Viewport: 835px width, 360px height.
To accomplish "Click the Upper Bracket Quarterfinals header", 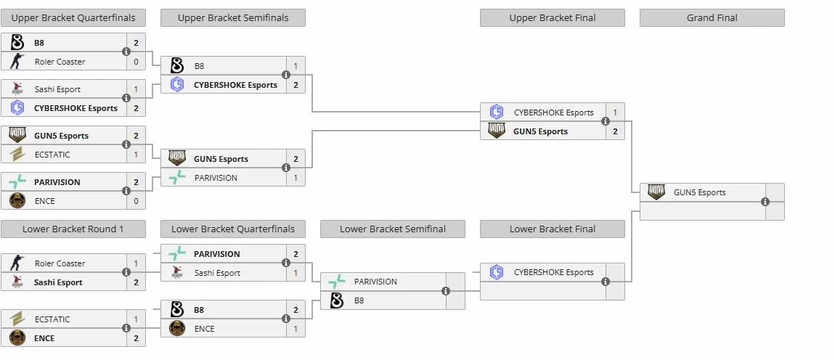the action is [x=73, y=17].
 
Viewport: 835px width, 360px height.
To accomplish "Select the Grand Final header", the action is [x=712, y=17].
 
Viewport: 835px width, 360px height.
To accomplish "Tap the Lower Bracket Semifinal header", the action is [x=393, y=229].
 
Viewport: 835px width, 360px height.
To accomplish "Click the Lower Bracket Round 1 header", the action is [x=73, y=229].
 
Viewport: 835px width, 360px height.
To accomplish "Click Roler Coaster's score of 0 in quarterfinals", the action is [x=136, y=62].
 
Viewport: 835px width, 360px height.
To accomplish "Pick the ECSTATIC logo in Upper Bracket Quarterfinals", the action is [x=17, y=155].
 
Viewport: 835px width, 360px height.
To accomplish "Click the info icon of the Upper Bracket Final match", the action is [x=606, y=121].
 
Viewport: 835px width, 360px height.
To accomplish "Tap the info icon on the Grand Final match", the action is [x=765, y=202].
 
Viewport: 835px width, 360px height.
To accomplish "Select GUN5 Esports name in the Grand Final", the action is [x=700, y=193].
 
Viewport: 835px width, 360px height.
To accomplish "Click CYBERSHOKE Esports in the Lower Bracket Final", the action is [x=553, y=272].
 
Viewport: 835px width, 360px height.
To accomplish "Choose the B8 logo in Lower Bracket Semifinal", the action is [x=337, y=300].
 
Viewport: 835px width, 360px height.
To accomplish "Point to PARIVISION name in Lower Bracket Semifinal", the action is [x=375, y=282].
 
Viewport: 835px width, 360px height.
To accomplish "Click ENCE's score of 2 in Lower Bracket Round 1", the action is [x=136, y=338].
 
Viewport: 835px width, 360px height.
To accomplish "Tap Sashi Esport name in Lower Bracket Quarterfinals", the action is [x=217, y=273].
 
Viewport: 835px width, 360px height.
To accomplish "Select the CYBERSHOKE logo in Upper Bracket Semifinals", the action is [x=176, y=85].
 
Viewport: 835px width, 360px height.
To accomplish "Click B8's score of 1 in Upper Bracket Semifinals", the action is [x=296, y=66].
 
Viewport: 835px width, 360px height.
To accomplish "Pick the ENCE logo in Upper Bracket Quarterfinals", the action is [x=17, y=201].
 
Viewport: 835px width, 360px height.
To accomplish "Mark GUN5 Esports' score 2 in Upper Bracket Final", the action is [x=615, y=131].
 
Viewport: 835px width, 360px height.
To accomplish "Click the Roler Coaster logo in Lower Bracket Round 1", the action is [x=17, y=263].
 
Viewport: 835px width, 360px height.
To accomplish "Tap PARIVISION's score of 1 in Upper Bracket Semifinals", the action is [x=296, y=178].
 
